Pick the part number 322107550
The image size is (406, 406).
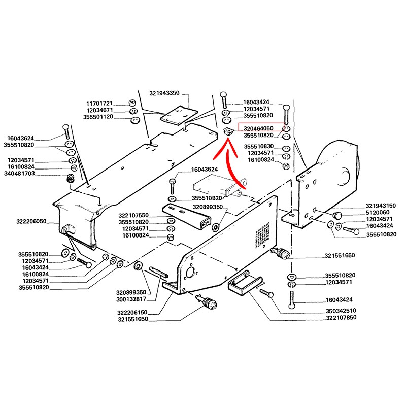pyautogui.click(x=133, y=215)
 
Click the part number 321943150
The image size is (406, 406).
pyautogui.click(x=381, y=206)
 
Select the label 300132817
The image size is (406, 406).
pyautogui.click(x=131, y=299)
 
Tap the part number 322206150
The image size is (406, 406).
pyautogui.click(x=133, y=313)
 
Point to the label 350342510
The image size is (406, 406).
pyautogui.click(x=341, y=310)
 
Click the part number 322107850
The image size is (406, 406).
pyautogui.click(x=341, y=317)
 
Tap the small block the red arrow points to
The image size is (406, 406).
pyautogui.click(x=228, y=132)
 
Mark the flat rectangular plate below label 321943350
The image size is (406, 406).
pyautogui.click(x=178, y=116)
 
